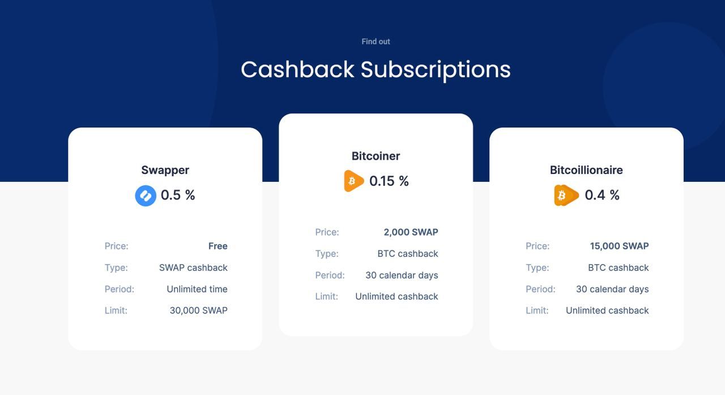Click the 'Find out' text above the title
pyautogui.click(x=376, y=41)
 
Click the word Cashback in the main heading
pyautogui.click(x=297, y=69)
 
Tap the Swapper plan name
pyautogui.click(x=165, y=170)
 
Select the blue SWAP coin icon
pyautogui.click(x=146, y=196)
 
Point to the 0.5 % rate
pyautogui.click(x=178, y=195)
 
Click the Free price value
pyautogui.click(x=218, y=246)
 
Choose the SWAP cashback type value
pyautogui.click(x=193, y=267)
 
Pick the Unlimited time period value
pyautogui.click(x=197, y=289)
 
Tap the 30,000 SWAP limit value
pyautogui.click(x=198, y=311)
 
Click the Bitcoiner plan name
pyautogui.click(x=376, y=156)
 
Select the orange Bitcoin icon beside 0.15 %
pyautogui.click(x=354, y=181)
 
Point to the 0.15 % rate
pyautogui.click(x=389, y=181)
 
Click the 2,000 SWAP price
pyautogui.click(x=411, y=232)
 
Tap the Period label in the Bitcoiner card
pyautogui.click(x=330, y=275)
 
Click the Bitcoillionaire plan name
pyautogui.click(x=586, y=170)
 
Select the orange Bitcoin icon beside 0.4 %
pyautogui.click(x=566, y=196)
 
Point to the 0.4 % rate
pyautogui.click(x=602, y=195)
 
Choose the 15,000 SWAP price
pyautogui.click(x=619, y=246)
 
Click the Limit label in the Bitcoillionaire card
pyautogui.click(x=537, y=311)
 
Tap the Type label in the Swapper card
pyautogui.click(x=116, y=267)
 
